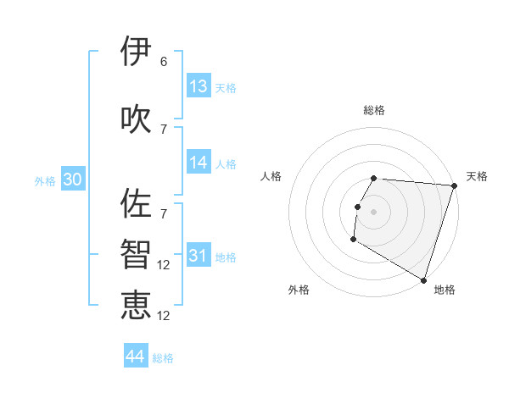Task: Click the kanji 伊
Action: click(136, 52)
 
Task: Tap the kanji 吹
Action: click(136, 119)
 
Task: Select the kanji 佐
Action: click(136, 204)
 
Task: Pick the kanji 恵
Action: click(136, 305)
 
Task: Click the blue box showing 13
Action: click(199, 86)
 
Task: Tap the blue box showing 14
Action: click(199, 163)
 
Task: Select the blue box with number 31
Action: click(199, 256)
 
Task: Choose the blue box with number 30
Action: click(72, 180)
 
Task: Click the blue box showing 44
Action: click(136, 357)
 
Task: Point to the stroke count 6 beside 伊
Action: click(164, 62)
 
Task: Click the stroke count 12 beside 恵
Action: click(165, 316)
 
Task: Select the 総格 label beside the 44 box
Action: click(163, 358)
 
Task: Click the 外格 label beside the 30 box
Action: click(45, 180)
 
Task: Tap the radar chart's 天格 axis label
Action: click(477, 176)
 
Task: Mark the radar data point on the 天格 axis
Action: click(454, 185)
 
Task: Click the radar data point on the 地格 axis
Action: click(422, 279)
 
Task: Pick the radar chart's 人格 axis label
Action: click(271, 176)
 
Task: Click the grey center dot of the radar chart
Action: click(373, 212)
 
